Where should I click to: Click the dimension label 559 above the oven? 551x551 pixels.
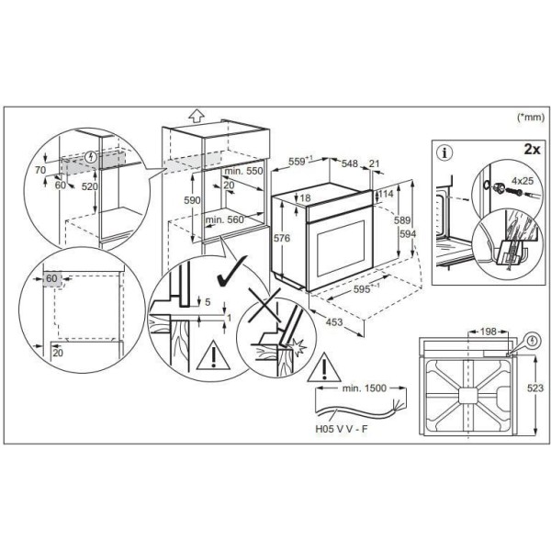tap(298, 162)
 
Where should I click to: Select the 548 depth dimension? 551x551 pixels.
tap(349, 163)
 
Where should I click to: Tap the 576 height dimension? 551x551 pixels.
tap(282, 238)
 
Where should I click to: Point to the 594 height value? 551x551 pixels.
tap(408, 233)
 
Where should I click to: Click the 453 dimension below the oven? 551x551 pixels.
tap(334, 321)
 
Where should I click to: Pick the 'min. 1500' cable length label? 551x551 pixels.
tap(364, 388)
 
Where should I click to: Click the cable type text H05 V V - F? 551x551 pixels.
tap(342, 429)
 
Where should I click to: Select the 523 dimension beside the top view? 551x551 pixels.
tap(535, 388)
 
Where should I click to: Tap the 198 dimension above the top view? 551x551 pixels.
tap(489, 331)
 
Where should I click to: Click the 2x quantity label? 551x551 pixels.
tap(532, 150)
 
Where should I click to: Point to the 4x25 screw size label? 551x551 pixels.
tap(523, 181)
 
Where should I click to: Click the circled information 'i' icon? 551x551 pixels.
tap(444, 153)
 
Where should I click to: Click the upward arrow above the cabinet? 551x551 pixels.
tap(197, 116)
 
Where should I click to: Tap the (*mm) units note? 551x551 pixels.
tap(531, 117)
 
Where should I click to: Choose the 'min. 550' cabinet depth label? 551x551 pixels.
tap(244, 171)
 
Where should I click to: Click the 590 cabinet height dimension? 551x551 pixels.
tap(192, 200)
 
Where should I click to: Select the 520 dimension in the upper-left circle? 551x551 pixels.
tap(90, 186)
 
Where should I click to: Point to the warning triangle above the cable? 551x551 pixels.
tap(324, 368)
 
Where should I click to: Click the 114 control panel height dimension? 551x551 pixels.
tap(386, 194)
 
